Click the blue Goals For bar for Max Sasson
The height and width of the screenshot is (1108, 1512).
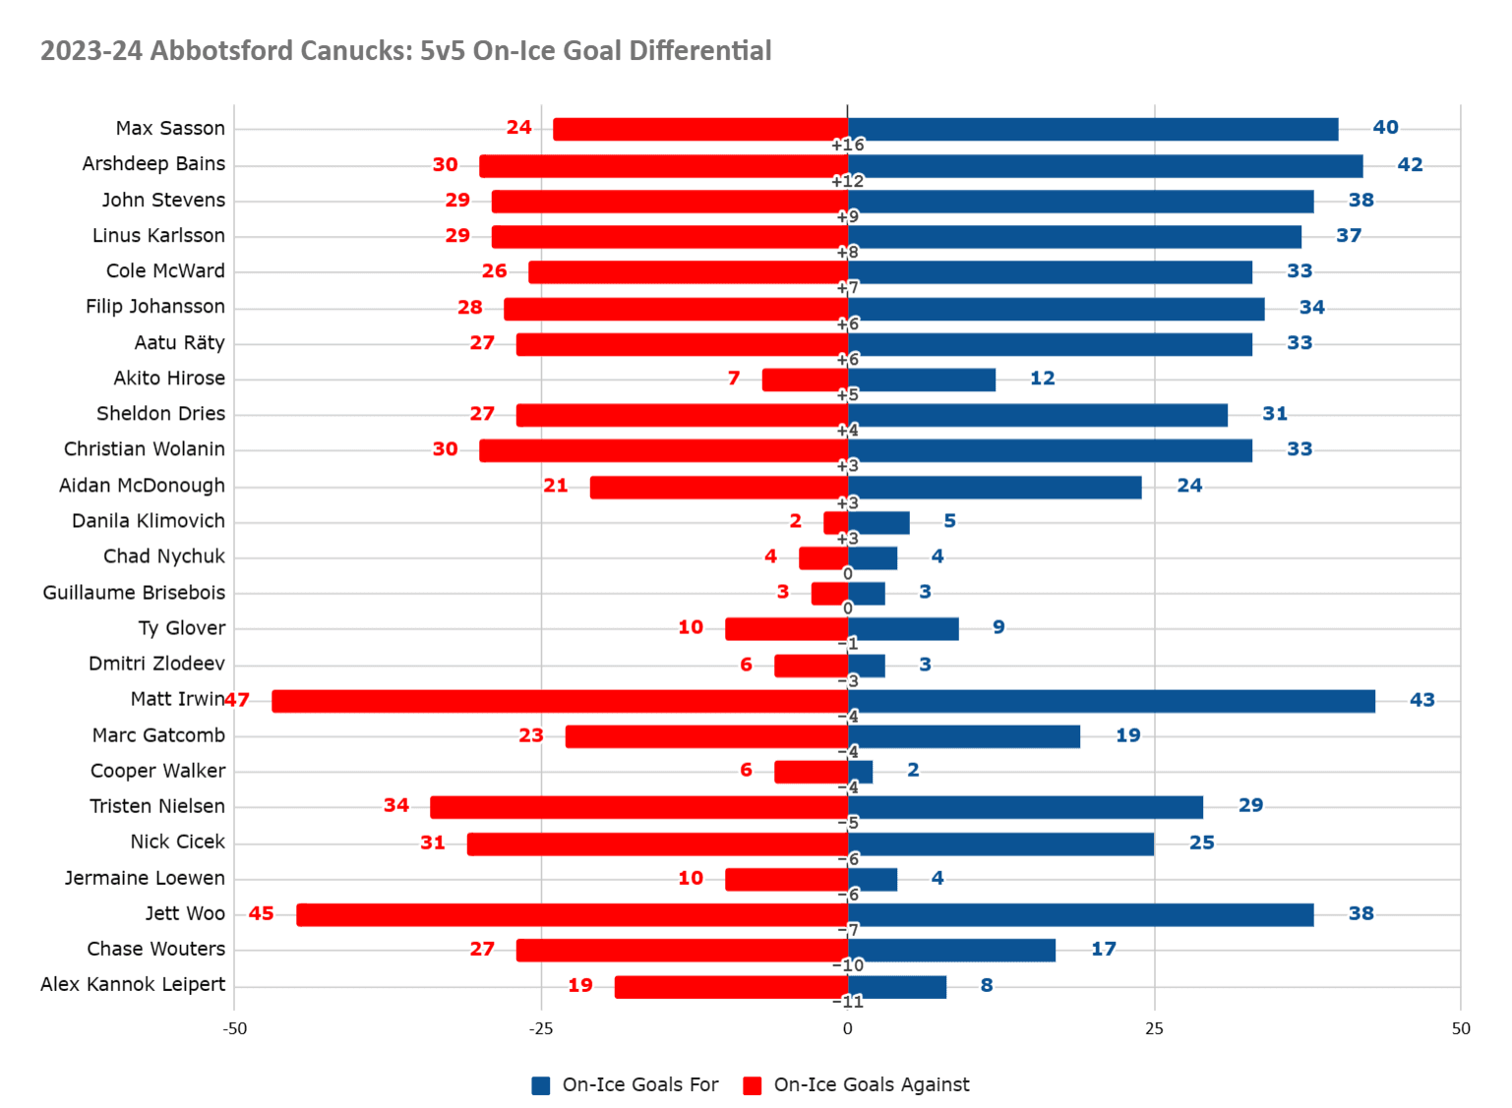click(x=1092, y=129)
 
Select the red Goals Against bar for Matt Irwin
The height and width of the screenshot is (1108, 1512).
click(x=560, y=701)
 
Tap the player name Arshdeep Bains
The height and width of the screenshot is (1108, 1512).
click(x=153, y=164)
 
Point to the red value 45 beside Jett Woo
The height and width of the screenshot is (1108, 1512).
click(x=262, y=913)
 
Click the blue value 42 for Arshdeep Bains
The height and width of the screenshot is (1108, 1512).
click(x=1410, y=164)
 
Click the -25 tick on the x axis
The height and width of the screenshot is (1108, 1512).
click(x=541, y=1028)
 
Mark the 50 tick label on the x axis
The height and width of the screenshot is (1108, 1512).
click(x=1461, y=1028)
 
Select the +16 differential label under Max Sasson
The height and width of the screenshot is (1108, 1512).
click(x=847, y=146)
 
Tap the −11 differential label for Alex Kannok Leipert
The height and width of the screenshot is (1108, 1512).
click(x=848, y=1002)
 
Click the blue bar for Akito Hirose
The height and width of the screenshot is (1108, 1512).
click(x=922, y=379)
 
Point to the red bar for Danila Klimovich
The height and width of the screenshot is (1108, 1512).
click(x=836, y=522)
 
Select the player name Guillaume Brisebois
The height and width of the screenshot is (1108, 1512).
click(x=134, y=593)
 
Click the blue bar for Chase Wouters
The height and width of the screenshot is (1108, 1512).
click(x=951, y=950)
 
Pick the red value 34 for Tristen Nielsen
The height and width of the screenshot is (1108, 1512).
click(x=396, y=806)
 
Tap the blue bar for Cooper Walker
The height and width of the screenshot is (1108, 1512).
click(x=860, y=772)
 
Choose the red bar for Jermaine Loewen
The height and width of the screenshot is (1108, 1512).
click(x=787, y=879)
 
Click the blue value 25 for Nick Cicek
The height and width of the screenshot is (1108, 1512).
click(x=1202, y=843)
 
